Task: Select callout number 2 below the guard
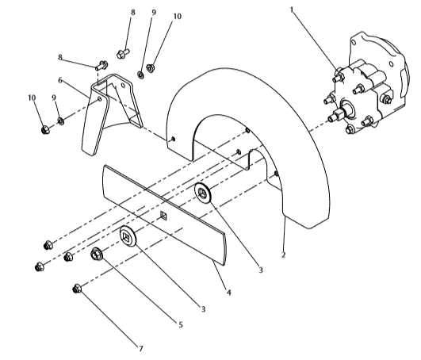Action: click(284, 255)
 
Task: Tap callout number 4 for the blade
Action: click(229, 293)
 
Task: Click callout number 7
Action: click(141, 347)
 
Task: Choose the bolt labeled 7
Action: click(78, 288)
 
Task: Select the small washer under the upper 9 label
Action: click(140, 75)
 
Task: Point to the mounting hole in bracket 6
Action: click(98, 99)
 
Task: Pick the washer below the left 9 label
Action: click(59, 122)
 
